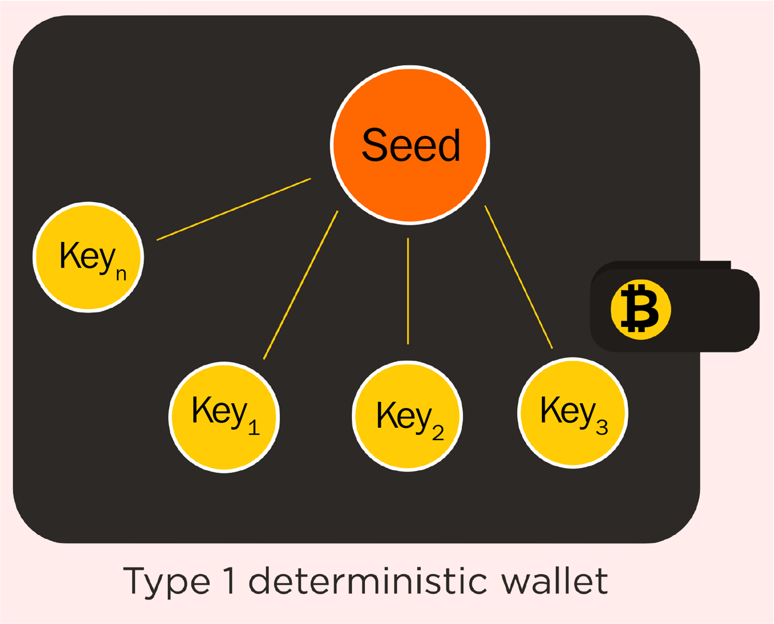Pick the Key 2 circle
[407, 448]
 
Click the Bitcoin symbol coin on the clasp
[641, 309]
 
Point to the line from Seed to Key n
[234, 209]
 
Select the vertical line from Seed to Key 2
[408, 291]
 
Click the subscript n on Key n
[121, 274]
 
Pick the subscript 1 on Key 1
[254, 427]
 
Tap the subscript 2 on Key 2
[438, 433]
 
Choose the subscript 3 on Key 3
[602, 427]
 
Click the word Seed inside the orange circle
[410, 145]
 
